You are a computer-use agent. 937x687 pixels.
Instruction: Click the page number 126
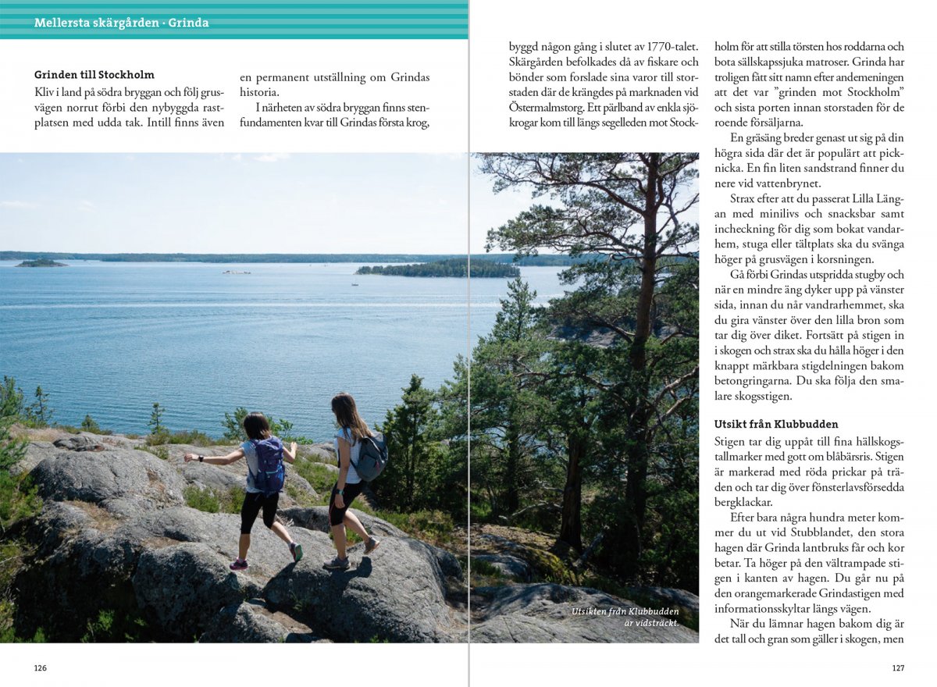point(41,667)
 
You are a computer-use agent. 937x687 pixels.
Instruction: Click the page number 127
point(897,667)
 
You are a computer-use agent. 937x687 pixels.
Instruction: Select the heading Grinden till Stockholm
point(94,75)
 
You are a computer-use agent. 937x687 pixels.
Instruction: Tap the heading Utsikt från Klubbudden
point(776,424)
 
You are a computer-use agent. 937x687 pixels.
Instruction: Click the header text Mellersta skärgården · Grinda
point(121,23)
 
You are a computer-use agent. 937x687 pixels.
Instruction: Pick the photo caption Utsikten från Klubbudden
point(625,611)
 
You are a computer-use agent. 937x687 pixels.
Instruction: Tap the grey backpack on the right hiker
point(371,456)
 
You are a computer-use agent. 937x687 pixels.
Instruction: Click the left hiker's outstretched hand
point(188,458)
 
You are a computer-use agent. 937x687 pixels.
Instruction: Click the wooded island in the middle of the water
point(437,269)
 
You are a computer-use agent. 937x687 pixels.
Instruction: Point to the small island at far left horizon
point(41,263)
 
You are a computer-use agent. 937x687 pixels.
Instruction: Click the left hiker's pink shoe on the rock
point(238,564)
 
